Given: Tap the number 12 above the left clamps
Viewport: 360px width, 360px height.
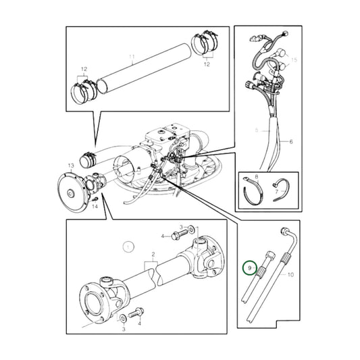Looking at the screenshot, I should point(84,70).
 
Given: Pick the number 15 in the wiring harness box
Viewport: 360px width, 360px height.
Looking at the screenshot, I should point(293,61).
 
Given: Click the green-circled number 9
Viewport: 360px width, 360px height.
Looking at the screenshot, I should point(249,268).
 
